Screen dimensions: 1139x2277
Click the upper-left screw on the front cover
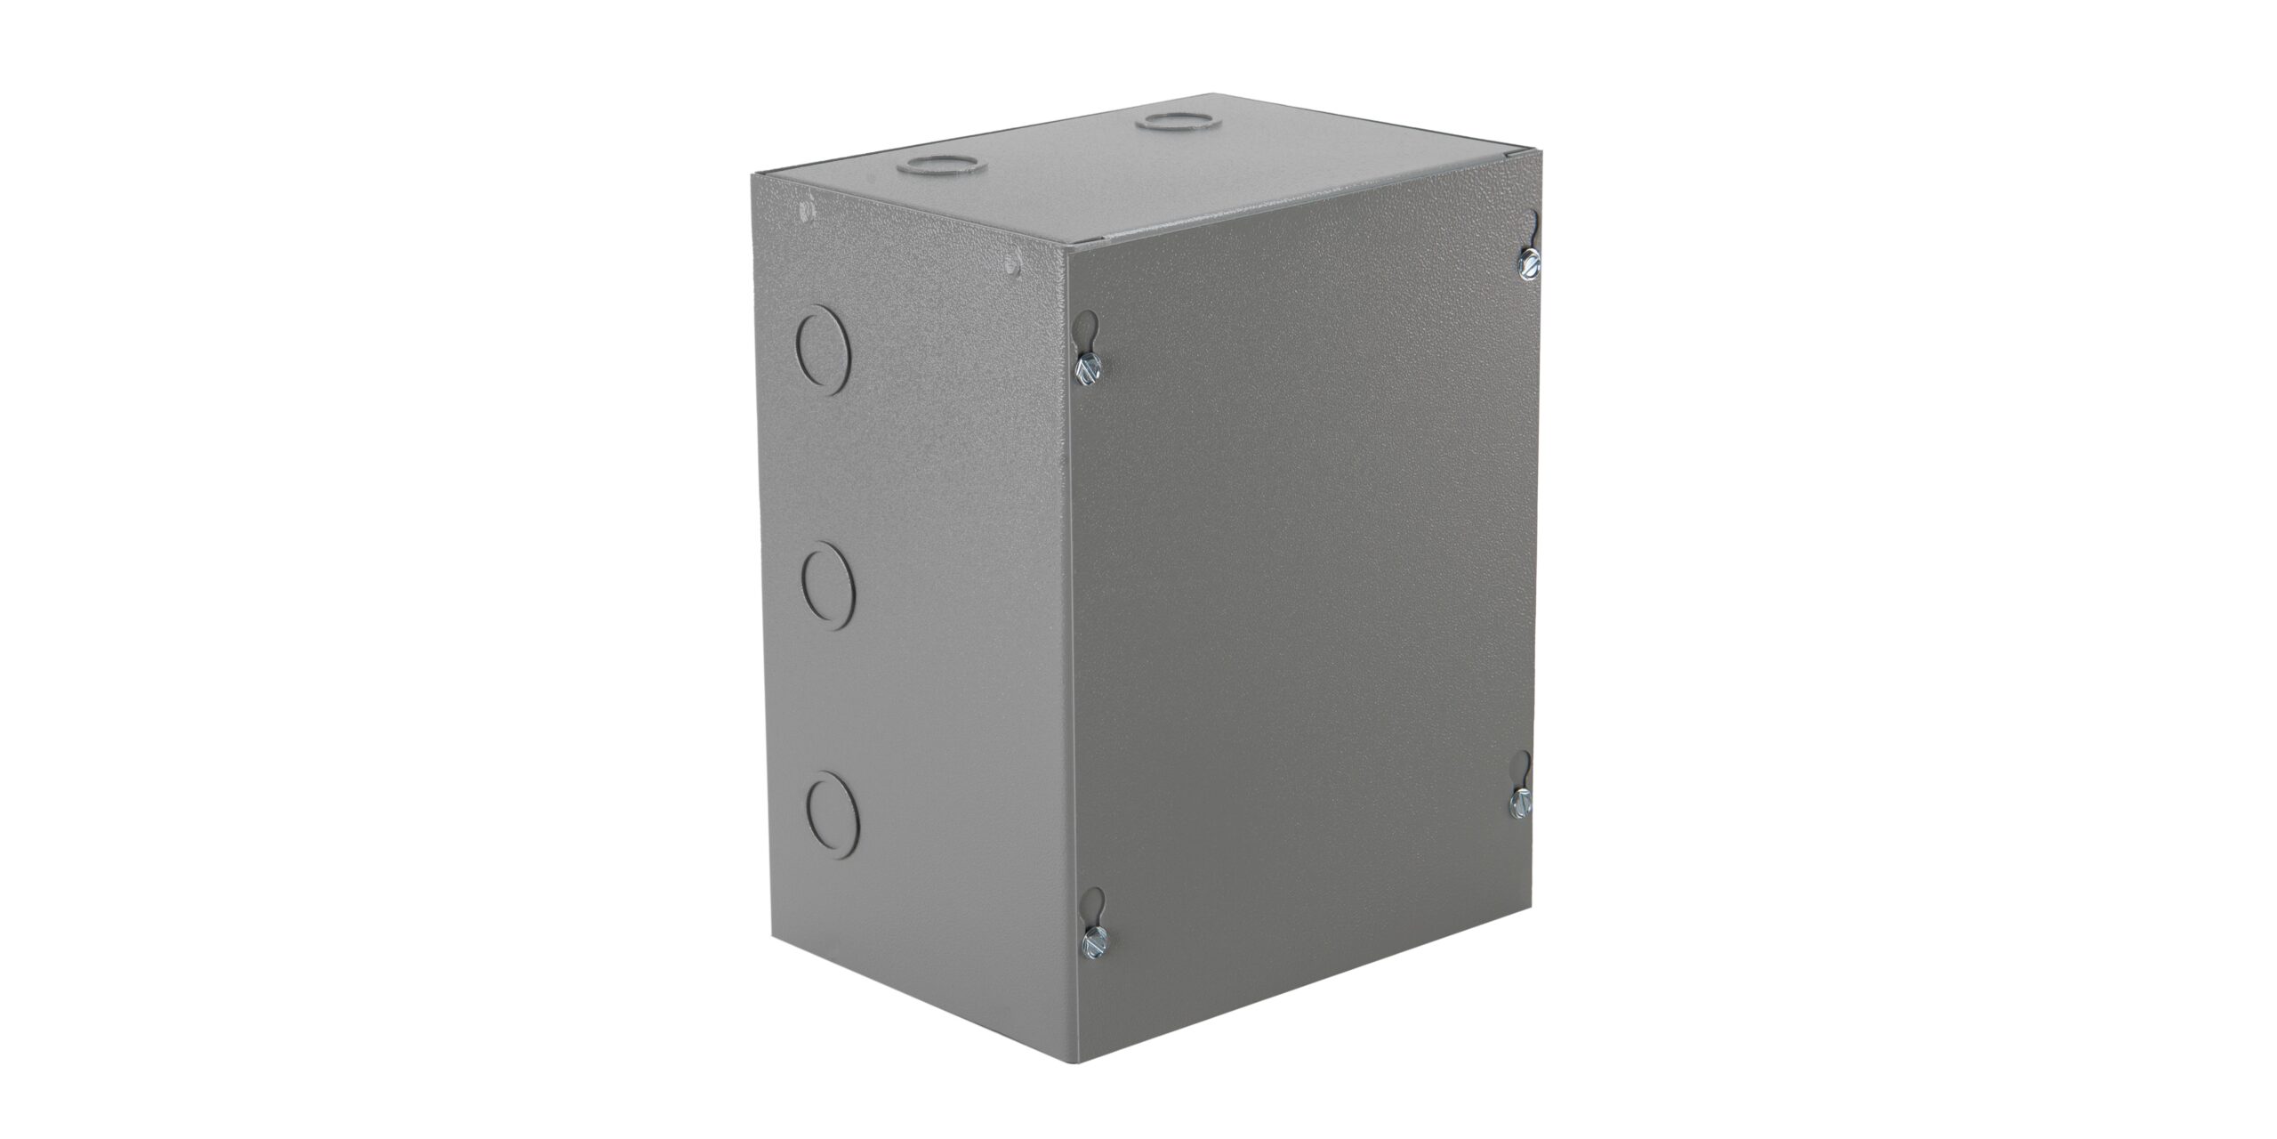(1089, 369)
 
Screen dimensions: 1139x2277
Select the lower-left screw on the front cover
(1092, 942)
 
